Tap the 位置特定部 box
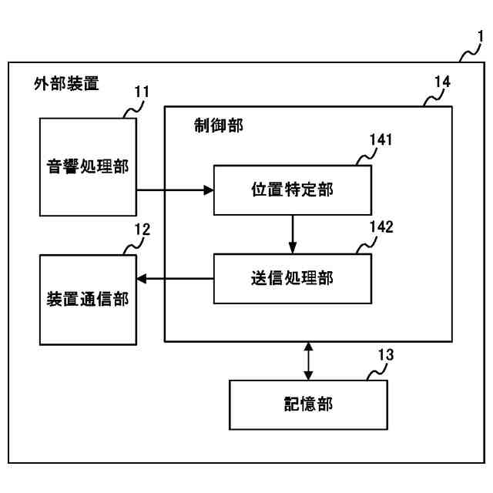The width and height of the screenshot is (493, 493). (x=293, y=190)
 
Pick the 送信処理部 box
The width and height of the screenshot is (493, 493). (x=293, y=278)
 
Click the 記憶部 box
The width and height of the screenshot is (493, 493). (x=308, y=404)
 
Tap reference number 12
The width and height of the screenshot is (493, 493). (x=142, y=229)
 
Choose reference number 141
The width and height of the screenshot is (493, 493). (x=381, y=140)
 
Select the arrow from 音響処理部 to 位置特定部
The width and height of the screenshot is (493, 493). (x=173, y=190)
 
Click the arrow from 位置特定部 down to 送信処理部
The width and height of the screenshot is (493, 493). (x=293, y=234)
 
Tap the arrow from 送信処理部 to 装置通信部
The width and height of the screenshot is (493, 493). (x=173, y=278)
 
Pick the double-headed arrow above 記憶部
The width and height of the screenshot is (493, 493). (x=308, y=361)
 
